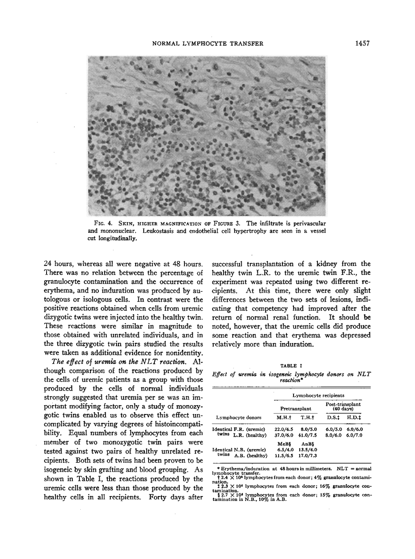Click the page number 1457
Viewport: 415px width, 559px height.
[x=362, y=43]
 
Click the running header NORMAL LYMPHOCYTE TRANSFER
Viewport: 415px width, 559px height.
[x=207, y=43]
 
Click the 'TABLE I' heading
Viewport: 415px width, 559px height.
[x=291, y=365]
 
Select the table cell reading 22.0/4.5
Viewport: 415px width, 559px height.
[x=284, y=429]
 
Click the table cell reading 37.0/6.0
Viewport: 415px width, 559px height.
[x=284, y=435]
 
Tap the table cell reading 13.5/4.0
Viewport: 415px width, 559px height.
[x=308, y=450]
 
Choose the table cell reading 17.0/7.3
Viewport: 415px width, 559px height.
[x=308, y=455]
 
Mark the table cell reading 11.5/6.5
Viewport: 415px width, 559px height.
[x=284, y=455]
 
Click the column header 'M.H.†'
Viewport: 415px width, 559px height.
[x=284, y=418]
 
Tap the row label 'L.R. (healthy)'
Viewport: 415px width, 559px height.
[x=250, y=435]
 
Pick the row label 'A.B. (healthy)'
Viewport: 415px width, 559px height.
[x=250, y=455]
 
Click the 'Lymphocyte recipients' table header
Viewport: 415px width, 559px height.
[x=318, y=395]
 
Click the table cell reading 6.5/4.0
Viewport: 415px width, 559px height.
[x=284, y=450]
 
